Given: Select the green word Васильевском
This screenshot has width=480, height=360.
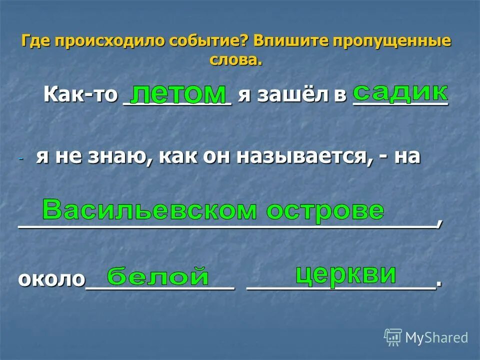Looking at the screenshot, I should click(149, 210).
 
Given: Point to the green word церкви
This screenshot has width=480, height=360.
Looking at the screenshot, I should click(345, 274).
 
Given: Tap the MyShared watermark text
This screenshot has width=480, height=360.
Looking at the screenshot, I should click(436, 338).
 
